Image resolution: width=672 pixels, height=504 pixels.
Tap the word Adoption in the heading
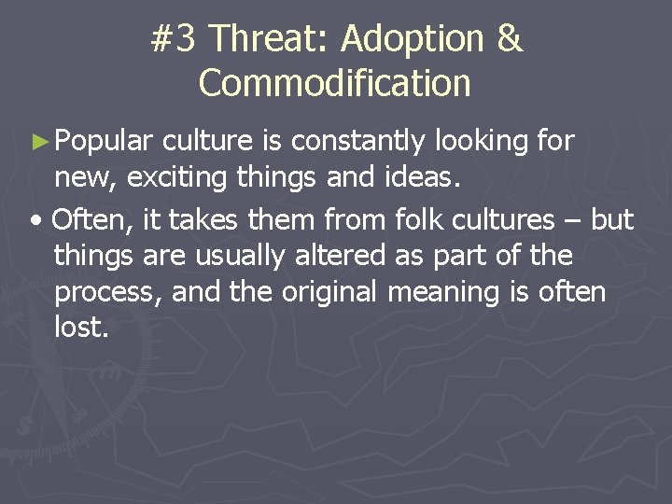(413, 39)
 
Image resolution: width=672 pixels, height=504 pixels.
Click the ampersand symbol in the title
(509, 39)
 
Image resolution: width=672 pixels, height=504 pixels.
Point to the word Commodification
(335, 83)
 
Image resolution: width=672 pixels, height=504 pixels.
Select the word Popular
(103, 142)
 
